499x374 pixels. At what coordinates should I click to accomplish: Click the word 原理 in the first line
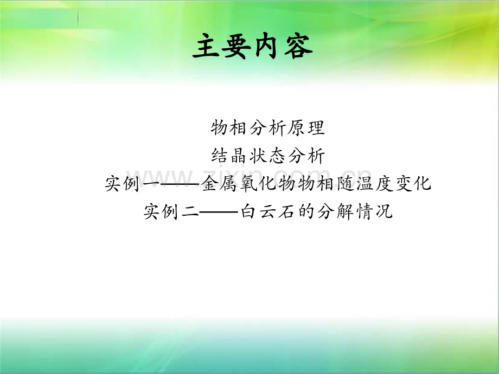tap(306, 127)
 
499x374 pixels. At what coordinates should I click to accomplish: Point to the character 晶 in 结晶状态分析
tap(238, 156)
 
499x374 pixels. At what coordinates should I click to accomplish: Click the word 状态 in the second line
tap(267, 156)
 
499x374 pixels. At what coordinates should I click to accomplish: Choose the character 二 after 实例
tap(190, 211)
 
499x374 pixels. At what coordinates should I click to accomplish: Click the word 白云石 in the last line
tap(267, 211)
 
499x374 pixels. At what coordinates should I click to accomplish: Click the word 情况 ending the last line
tap(374, 211)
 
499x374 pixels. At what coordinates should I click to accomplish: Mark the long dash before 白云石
tap(220, 212)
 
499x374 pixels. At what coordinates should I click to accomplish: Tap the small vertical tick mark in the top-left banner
tap(78, 18)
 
